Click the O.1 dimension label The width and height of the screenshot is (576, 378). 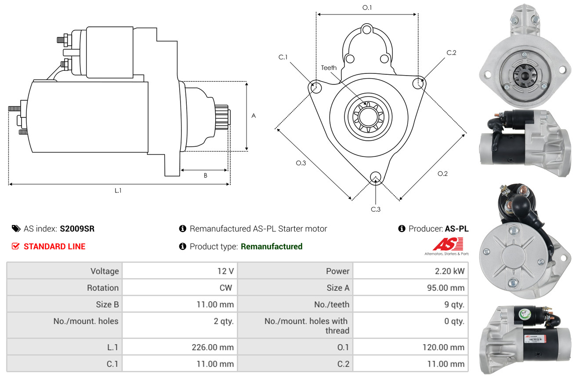pos(367,8)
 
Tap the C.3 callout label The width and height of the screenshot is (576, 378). pos(375,209)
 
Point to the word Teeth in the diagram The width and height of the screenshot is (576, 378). pos(329,68)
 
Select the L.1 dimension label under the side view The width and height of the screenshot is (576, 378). pos(118,190)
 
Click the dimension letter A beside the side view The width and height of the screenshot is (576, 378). pos(254,116)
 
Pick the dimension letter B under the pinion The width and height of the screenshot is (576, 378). pos(205,175)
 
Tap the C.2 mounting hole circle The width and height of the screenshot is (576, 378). pos(419,83)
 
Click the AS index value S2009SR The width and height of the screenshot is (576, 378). pos(77,229)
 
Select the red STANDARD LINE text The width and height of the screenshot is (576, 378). pos(54,247)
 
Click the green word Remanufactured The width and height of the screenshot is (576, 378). pos(272,247)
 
